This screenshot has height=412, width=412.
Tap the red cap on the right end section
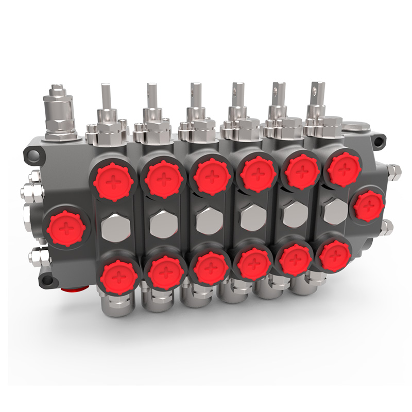click(x=369, y=204)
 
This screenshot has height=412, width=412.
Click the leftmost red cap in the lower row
click(x=120, y=276)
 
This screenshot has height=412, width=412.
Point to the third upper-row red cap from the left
click(x=212, y=175)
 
